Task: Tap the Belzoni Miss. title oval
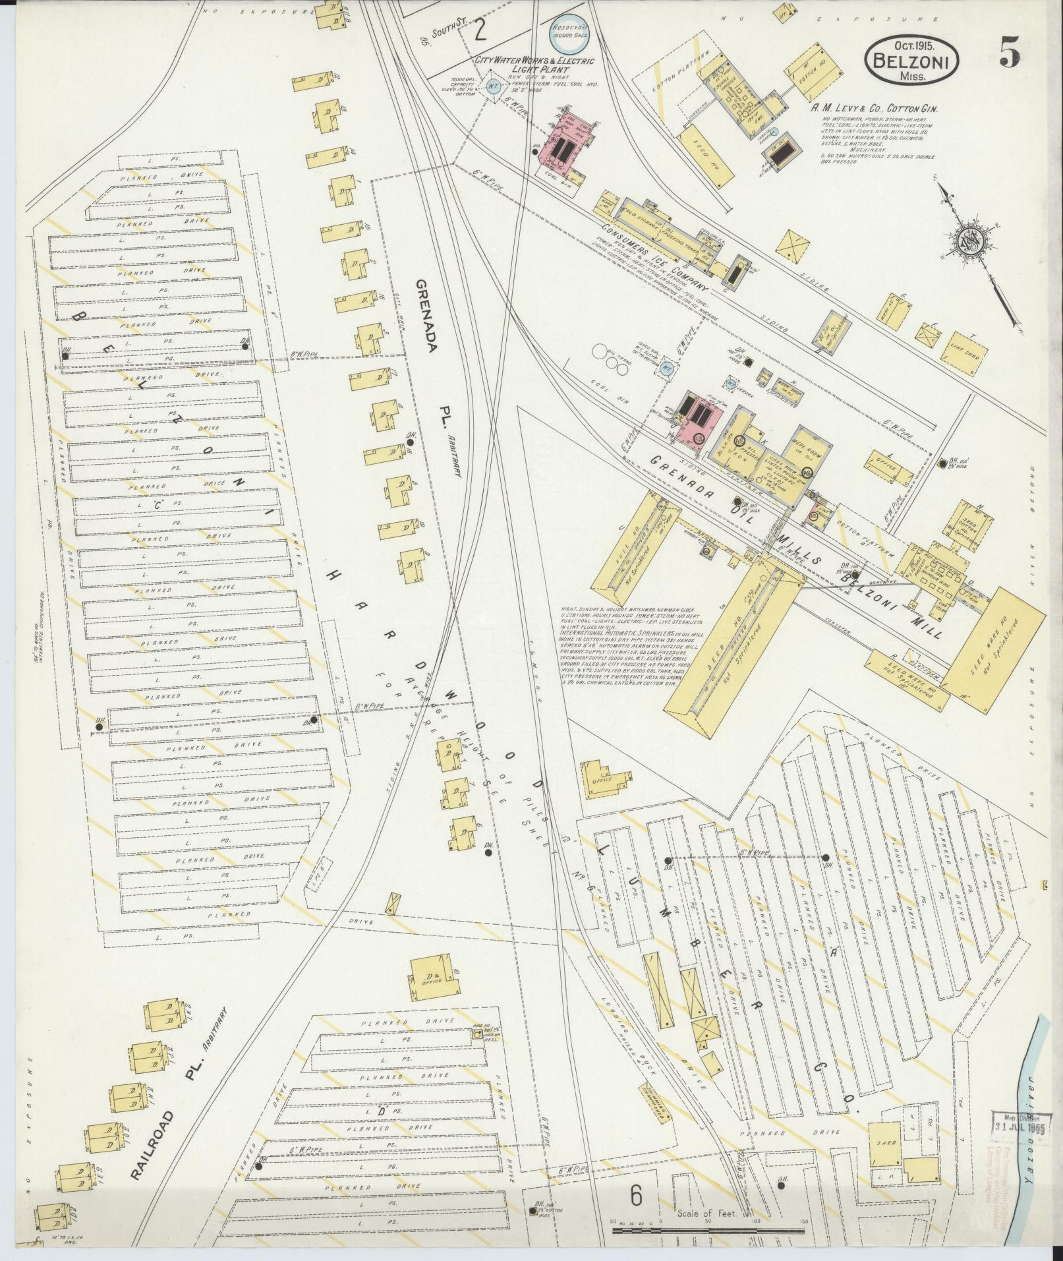coord(911,59)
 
